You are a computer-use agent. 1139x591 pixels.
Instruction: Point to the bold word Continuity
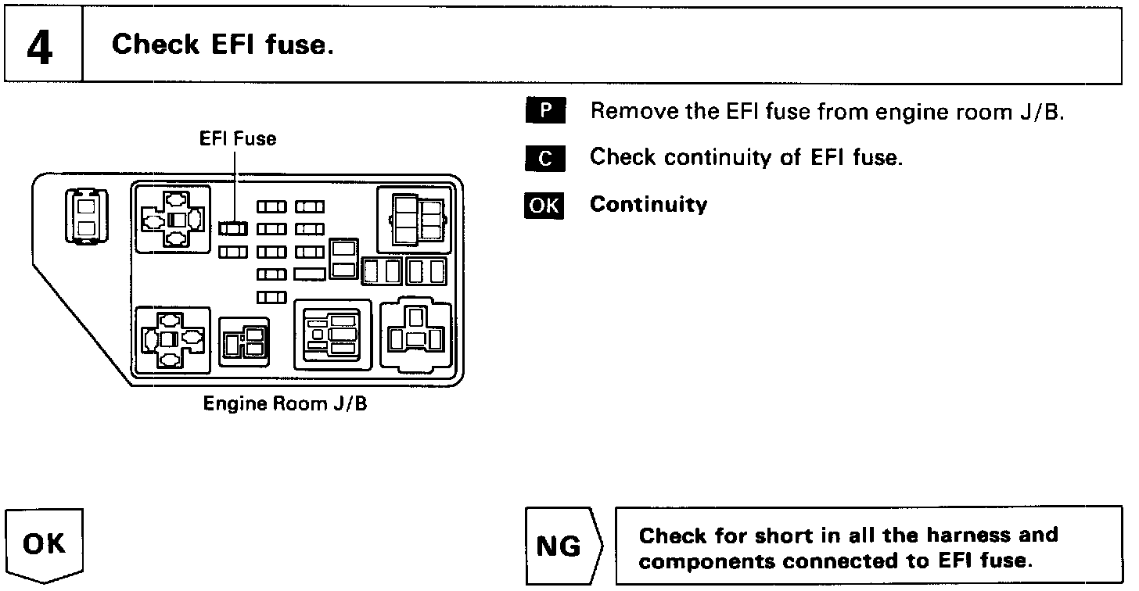point(649,205)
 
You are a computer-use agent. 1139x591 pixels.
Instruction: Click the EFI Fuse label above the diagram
point(238,139)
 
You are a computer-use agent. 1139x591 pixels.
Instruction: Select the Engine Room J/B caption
point(285,404)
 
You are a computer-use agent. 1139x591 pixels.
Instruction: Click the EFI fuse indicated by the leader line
point(233,228)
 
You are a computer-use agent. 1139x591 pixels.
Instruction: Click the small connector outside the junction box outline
point(85,216)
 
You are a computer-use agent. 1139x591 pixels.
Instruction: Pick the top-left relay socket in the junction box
point(173,219)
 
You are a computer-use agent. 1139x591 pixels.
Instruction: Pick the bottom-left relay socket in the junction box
point(173,338)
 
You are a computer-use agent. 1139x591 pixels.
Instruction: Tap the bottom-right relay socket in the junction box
point(415,335)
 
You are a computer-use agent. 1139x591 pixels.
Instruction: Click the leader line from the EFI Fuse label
point(234,184)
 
